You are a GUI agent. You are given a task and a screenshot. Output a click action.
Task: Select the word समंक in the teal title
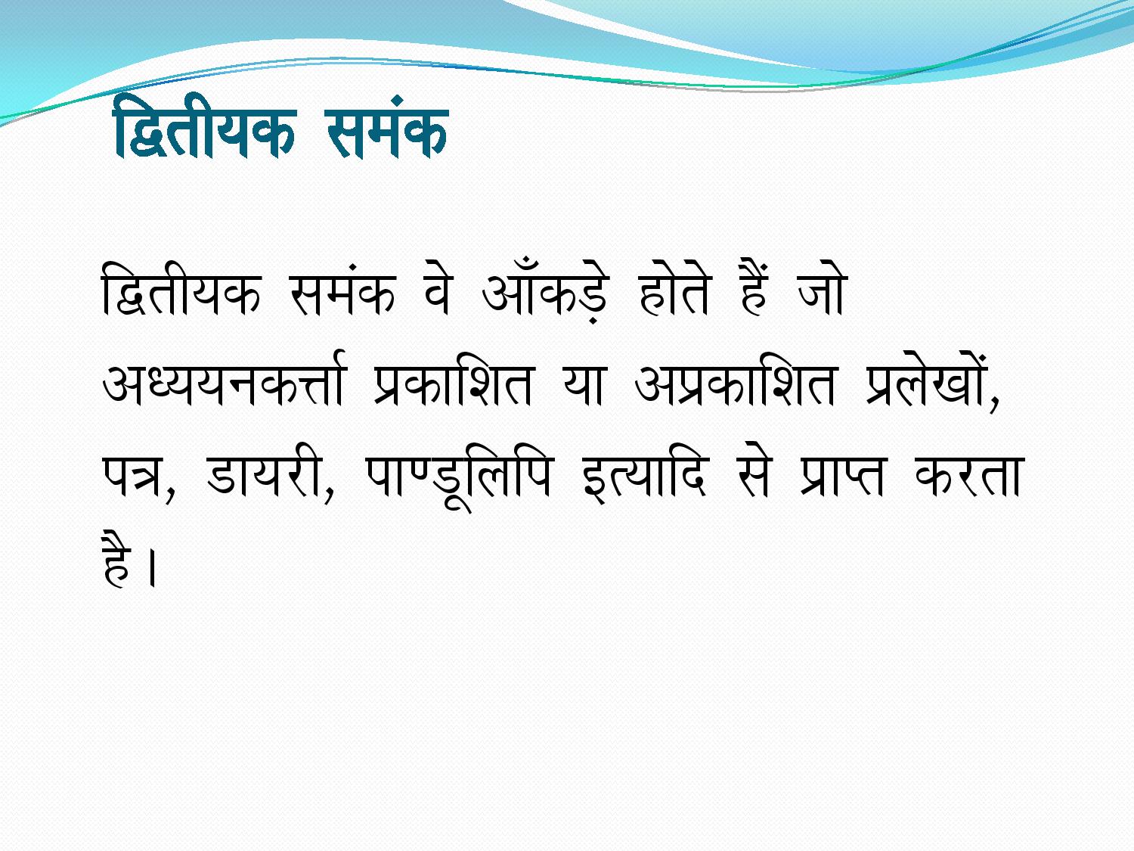click(387, 126)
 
